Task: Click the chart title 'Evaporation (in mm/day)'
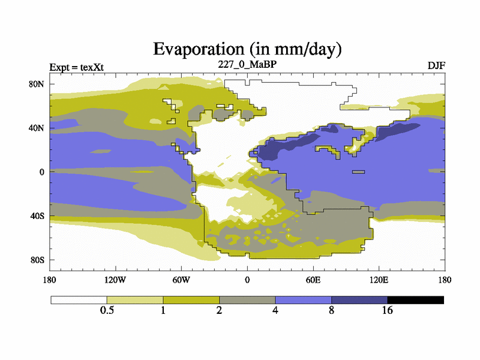(x=247, y=48)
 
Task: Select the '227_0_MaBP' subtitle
(x=247, y=64)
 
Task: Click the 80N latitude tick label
(x=37, y=84)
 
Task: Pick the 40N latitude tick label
(x=37, y=128)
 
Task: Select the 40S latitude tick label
(x=38, y=216)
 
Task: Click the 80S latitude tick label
(x=38, y=260)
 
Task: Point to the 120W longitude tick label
(x=115, y=280)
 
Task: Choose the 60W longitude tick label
(x=181, y=280)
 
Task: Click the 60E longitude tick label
(x=313, y=280)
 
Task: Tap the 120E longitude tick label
(x=379, y=280)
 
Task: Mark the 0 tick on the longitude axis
(x=247, y=280)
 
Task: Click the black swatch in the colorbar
(x=416, y=300)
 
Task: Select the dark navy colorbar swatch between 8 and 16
(x=359, y=300)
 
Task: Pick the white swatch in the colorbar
(x=79, y=300)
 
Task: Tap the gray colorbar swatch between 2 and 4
(x=247, y=300)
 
